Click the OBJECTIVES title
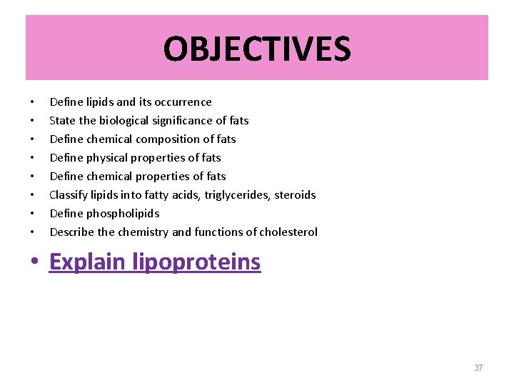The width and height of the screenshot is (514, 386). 257,49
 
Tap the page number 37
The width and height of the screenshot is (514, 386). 478,368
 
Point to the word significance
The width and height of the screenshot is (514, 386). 185,120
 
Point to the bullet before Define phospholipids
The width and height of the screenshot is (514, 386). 32,213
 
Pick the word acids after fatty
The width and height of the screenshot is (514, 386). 188,194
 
